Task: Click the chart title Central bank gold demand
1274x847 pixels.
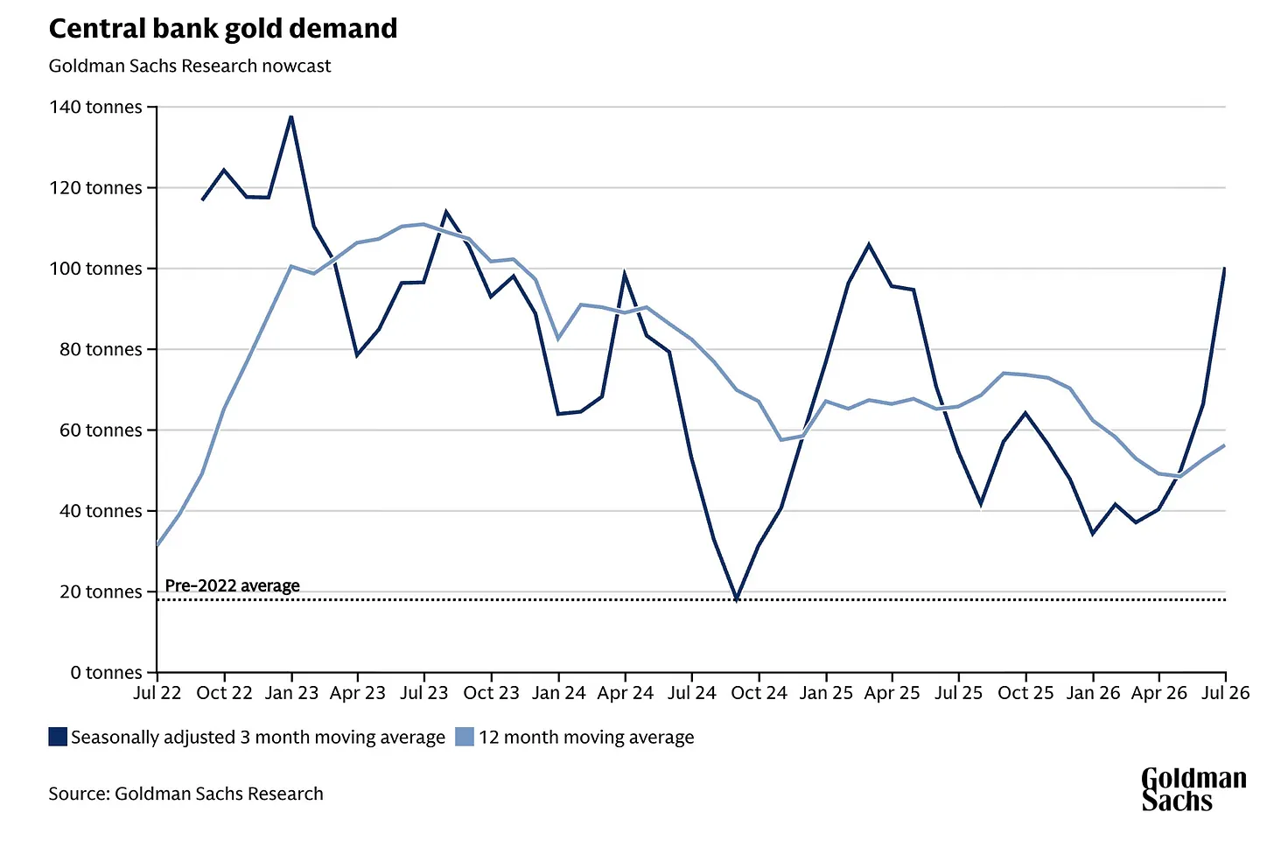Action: click(223, 29)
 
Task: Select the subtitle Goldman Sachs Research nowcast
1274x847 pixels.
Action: click(189, 66)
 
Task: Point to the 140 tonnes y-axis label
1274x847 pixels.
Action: click(95, 107)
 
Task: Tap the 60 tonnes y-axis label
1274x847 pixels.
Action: click(101, 430)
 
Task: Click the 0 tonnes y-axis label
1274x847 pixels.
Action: click(106, 672)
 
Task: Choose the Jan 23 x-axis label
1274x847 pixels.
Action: click(291, 693)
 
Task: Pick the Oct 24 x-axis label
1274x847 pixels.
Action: click(759, 693)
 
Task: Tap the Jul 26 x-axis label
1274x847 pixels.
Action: click(1224, 693)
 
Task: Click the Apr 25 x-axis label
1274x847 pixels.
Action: click(892, 693)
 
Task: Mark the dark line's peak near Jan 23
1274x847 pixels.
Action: click(291, 116)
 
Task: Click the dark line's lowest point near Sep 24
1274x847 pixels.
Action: click(737, 599)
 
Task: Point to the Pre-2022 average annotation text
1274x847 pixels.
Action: click(232, 585)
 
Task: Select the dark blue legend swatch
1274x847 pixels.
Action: click(58, 737)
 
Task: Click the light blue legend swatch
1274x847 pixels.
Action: click(465, 737)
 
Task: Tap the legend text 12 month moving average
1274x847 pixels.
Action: click(586, 738)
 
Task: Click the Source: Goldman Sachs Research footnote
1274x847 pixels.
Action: click(186, 794)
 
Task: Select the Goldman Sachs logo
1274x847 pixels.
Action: click(1193, 789)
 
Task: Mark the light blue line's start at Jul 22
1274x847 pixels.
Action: click(157, 545)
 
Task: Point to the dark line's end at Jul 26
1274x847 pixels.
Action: click(1224, 268)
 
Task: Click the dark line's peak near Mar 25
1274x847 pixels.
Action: click(869, 245)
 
